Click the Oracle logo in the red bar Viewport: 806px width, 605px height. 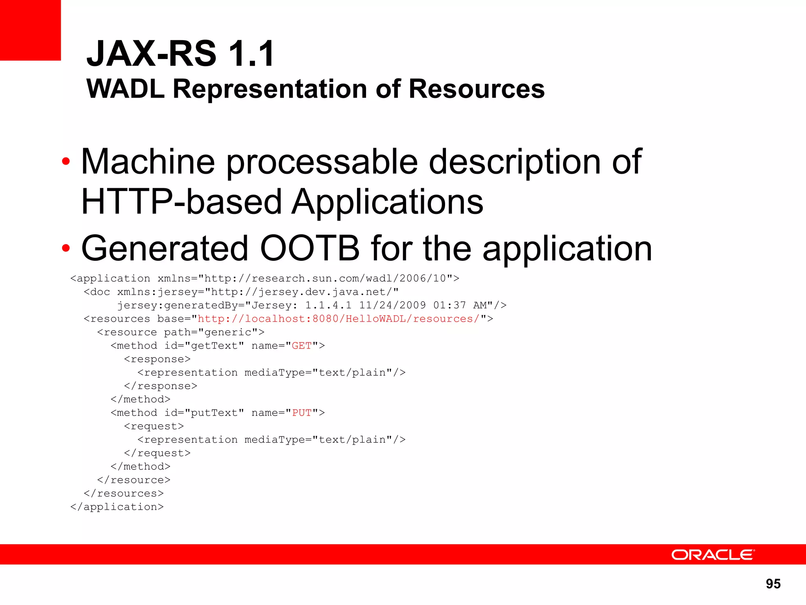coord(713,555)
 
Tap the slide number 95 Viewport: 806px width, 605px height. coord(773,583)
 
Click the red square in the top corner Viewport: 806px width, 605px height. coord(30,30)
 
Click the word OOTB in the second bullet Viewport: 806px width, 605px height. coord(310,249)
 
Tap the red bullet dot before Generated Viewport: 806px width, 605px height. coord(66,248)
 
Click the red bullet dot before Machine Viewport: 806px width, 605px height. coord(66,161)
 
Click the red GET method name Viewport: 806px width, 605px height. coord(301,346)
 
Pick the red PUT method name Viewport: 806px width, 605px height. coord(301,413)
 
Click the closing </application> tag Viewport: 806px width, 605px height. coord(117,507)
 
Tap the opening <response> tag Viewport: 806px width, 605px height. coord(157,359)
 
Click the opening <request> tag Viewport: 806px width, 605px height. coord(154,426)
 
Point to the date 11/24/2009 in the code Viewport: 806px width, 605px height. coord(392,305)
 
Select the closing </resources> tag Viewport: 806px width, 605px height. coord(124,494)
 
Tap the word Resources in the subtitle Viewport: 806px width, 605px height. coord(477,89)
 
